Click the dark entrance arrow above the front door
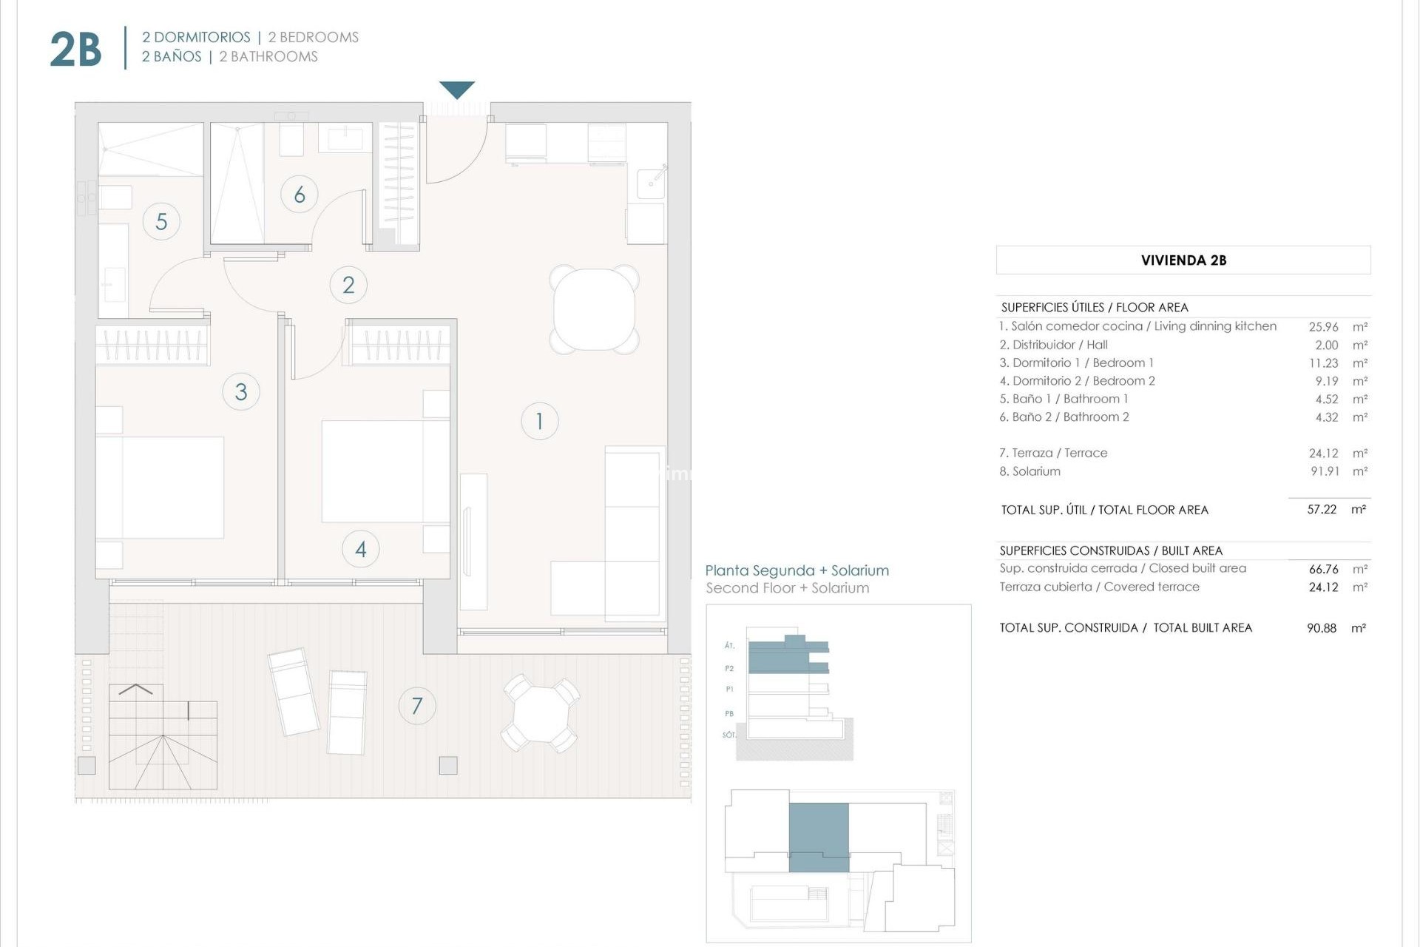click(x=456, y=90)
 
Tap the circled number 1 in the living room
click(x=539, y=421)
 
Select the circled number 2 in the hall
click(x=348, y=285)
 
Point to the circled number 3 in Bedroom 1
click(x=240, y=391)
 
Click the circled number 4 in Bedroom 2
click(x=361, y=549)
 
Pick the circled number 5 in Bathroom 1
click(x=161, y=221)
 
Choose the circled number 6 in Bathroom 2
click(x=300, y=195)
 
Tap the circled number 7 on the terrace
click(x=417, y=706)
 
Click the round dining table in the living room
click(x=594, y=309)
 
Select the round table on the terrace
click(x=541, y=713)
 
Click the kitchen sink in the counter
click(x=651, y=181)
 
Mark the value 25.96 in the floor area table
click(x=1323, y=326)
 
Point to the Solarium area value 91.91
click(x=1325, y=471)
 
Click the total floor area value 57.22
click(x=1322, y=510)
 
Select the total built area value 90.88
click(x=1322, y=628)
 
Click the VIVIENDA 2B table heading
click(x=1183, y=260)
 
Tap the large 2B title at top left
click(x=75, y=50)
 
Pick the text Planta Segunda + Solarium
click(x=797, y=570)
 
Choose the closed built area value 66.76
click(x=1323, y=569)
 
